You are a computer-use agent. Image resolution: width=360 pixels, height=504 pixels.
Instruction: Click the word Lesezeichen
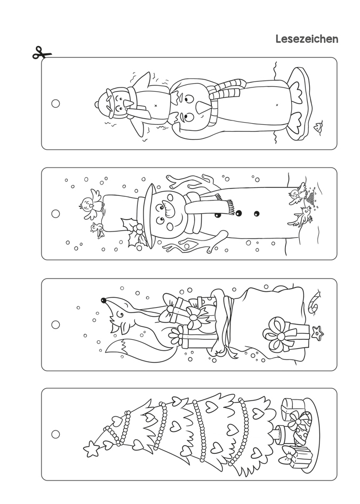point(307,39)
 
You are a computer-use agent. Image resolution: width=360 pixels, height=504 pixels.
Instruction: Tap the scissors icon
point(42,53)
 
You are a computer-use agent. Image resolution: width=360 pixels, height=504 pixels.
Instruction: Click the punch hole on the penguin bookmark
point(55,103)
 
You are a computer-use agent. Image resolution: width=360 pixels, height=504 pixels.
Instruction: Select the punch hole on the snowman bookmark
point(55,213)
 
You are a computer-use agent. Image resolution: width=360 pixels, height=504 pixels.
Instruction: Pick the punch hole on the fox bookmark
point(55,324)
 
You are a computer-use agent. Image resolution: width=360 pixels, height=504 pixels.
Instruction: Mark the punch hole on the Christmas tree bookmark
point(55,434)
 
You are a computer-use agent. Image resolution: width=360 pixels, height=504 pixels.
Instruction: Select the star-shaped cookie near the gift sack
point(317,333)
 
